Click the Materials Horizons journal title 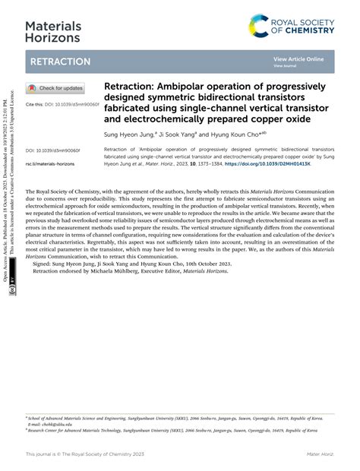pyautogui.click(x=52, y=31)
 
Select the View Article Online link pyautogui.click(x=298, y=58)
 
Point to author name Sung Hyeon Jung pyautogui.click(x=133, y=133)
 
